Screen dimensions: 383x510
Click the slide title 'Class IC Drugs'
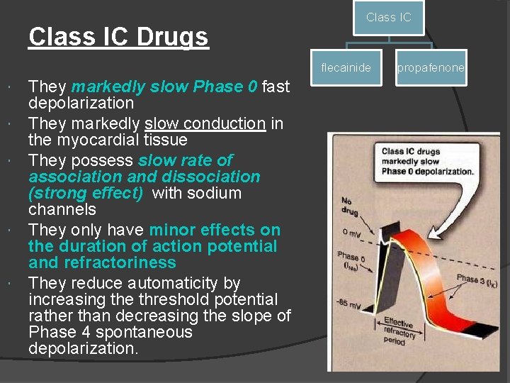(x=118, y=36)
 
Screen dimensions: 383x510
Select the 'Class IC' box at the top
(x=388, y=18)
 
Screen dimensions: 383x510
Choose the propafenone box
(x=431, y=68)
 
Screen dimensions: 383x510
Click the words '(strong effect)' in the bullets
(x=88, y=193)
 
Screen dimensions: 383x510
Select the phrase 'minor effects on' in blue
(x=215, y=230)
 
